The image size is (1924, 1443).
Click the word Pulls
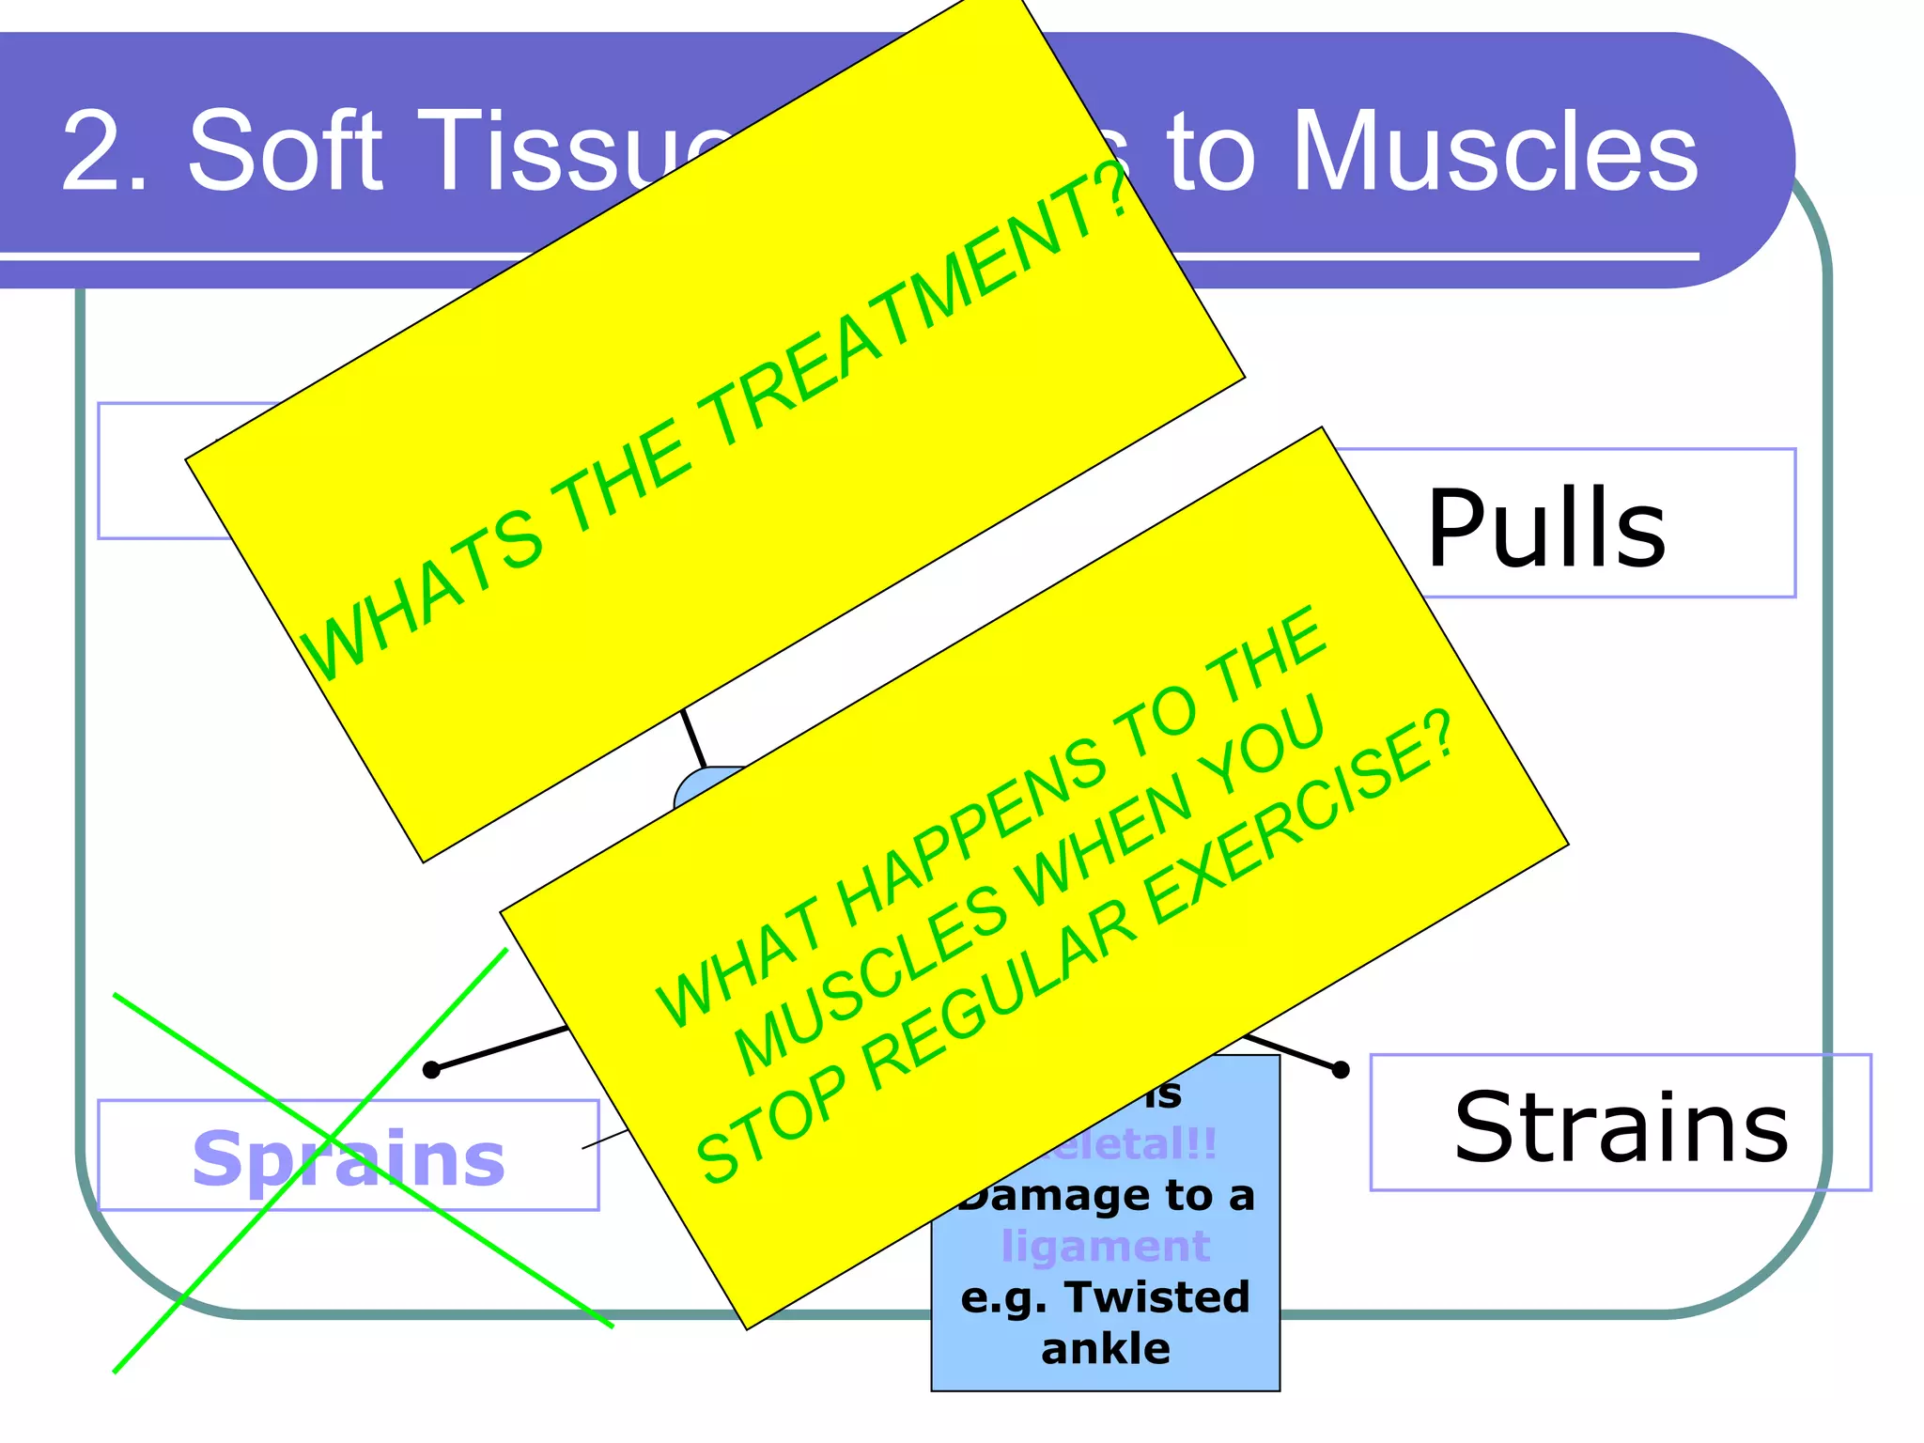tap(1545, 529)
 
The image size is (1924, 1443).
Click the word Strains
tap(1621, 1127)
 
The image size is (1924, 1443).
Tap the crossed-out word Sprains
tap(349, 1158)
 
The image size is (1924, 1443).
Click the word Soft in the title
tap(287, 150)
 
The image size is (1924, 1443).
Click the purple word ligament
tap(1105, 1247)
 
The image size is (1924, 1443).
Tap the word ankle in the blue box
tap(1105, 1349)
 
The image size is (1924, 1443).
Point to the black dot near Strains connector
tap(1341, 1069)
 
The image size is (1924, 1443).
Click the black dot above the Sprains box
tap(431, 1070)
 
